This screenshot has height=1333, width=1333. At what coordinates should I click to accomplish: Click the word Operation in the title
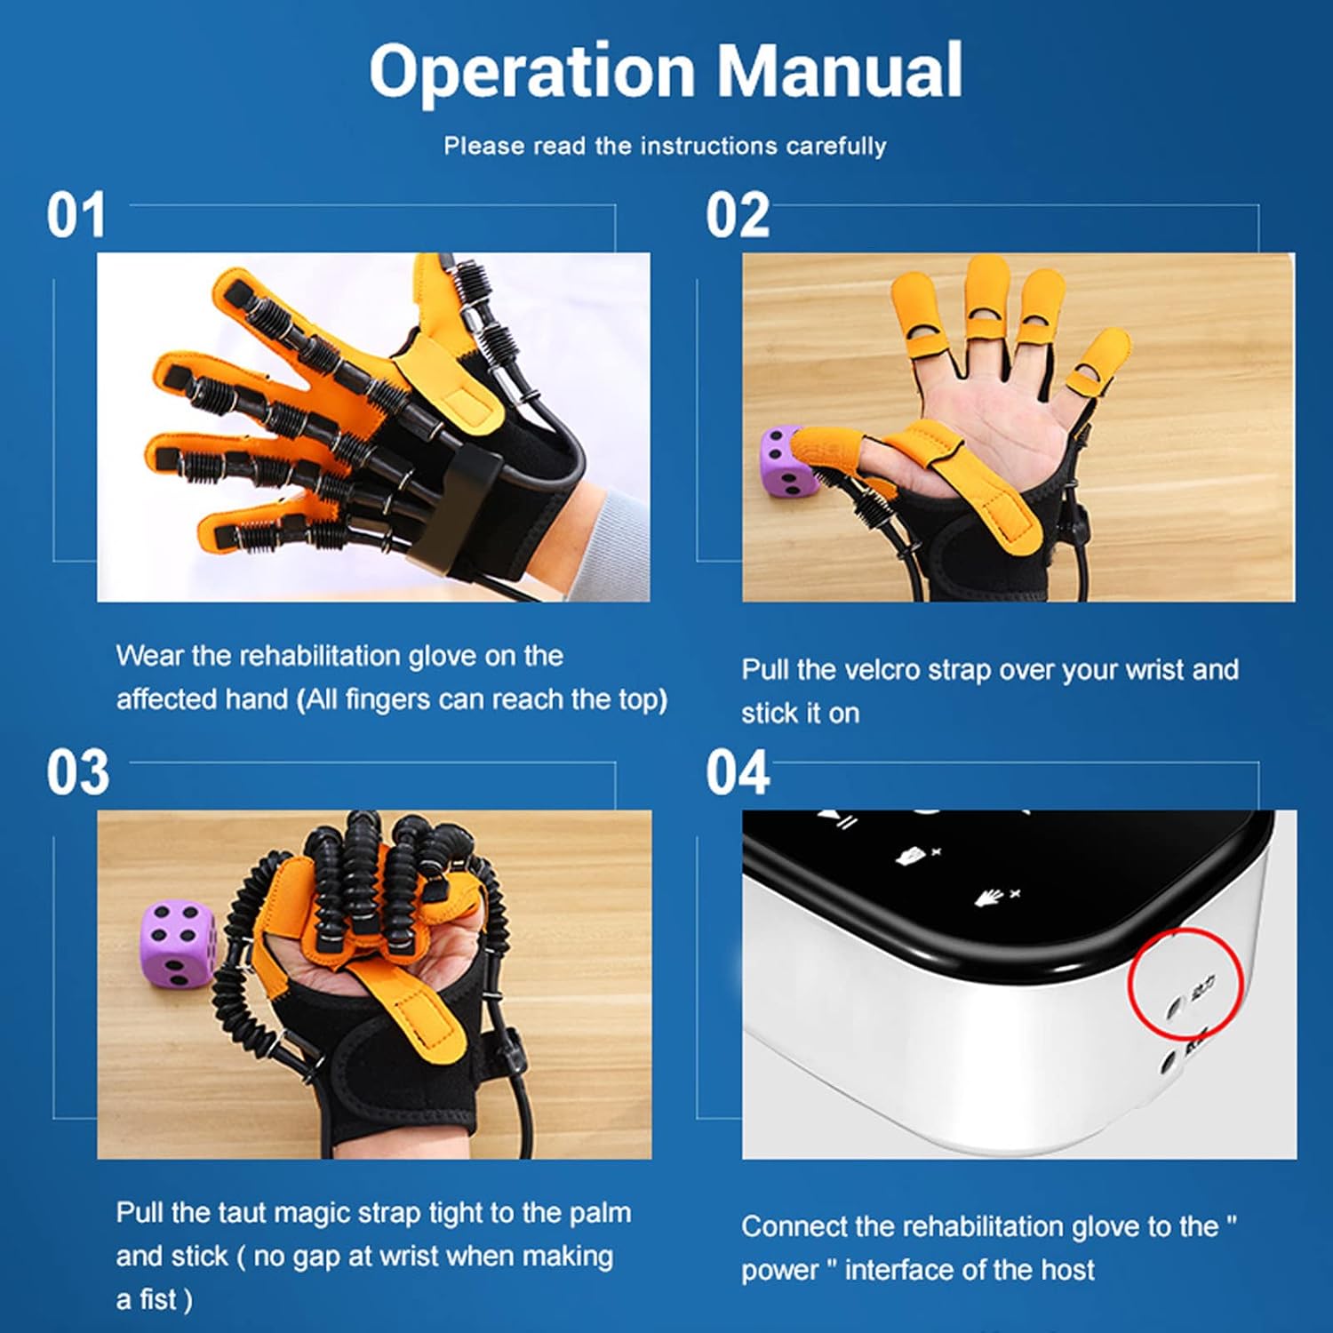coord(531,71)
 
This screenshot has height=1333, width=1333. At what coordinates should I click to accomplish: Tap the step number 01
coord(76,216)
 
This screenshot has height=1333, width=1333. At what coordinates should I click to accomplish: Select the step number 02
coord(737,216)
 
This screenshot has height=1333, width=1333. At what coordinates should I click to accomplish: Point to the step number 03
coord(78,773)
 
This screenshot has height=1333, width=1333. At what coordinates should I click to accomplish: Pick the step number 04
coord(738,773)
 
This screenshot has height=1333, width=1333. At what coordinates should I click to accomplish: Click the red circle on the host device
coord(1185,983)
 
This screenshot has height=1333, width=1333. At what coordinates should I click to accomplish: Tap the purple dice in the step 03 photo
coord(178,942)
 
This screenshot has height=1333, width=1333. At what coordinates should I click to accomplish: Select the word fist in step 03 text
coord(157,1299)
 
